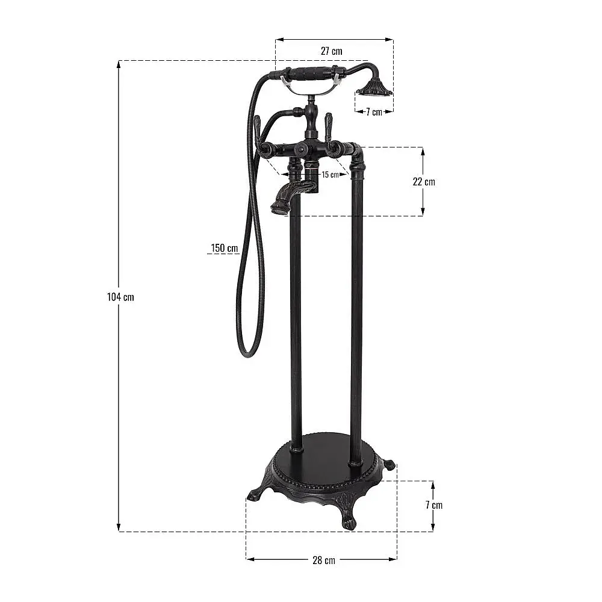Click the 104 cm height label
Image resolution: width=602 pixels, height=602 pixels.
click(x=120, y=297)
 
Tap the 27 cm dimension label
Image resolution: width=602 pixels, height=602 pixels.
click(x=332, y=51)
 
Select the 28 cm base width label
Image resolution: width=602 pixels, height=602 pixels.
click(x=324, y=560)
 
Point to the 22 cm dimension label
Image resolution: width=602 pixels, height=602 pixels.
click(x=424, y=182)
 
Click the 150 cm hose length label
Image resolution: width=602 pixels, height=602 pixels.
click(x=224, y=248)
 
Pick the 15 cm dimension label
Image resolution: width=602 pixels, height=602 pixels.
click(x=330, y=175)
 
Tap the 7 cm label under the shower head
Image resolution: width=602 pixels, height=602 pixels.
click(x=374, y=112)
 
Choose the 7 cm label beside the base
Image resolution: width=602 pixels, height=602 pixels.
click(x=434, y=505)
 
